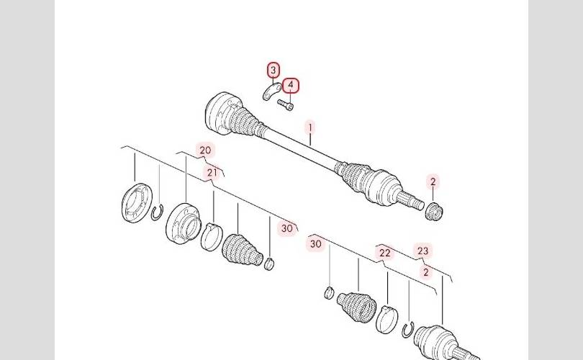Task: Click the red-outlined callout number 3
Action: [x=274, y=70]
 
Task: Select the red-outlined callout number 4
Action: [x=290, y=86]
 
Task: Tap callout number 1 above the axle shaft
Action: [x=311, y=127]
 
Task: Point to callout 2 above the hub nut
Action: [x=433, y=182]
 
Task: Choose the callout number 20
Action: [x=206, y=150]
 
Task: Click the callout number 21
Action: [x=212, y=172]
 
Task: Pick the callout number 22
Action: [x=385, y=253]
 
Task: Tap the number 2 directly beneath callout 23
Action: [x=426, y=272]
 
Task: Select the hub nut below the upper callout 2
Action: [x=433, y=211]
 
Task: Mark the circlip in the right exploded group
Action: [x=408, y=330]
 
